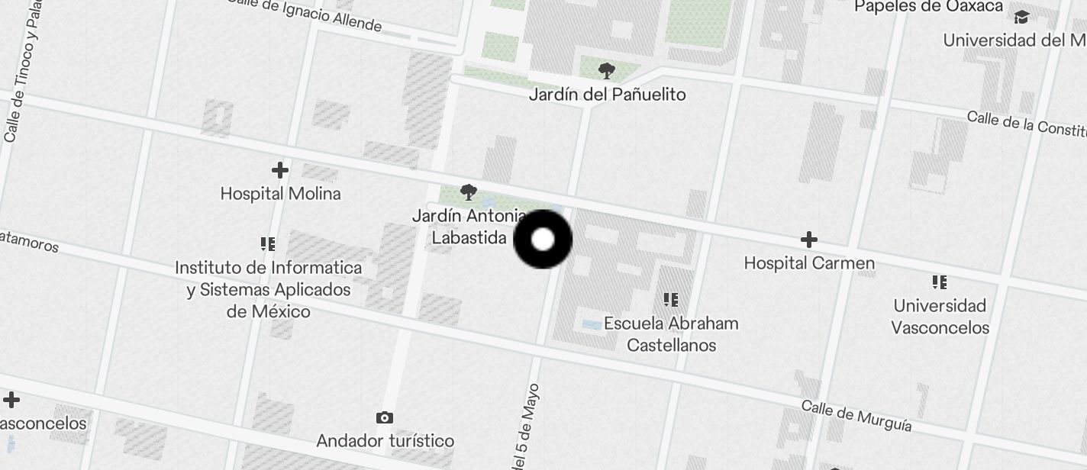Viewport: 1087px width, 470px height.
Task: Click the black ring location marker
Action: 543,240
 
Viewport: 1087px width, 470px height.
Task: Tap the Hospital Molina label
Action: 280,194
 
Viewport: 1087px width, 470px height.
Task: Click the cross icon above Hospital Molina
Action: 280,170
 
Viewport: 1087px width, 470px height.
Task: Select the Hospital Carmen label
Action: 809,263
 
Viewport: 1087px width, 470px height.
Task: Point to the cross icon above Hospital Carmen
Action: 809,240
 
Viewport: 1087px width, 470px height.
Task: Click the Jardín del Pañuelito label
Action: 607,95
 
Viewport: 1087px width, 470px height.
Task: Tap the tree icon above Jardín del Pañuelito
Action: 607,72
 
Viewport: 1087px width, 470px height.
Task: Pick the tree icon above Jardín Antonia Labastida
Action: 469,192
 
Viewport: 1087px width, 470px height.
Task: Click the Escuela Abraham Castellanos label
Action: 671,334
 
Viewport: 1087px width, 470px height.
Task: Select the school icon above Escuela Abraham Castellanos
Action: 671,300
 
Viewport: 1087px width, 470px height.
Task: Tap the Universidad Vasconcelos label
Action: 940,317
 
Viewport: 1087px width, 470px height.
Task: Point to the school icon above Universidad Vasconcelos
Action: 940,282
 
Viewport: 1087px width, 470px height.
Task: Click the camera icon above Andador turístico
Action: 385,417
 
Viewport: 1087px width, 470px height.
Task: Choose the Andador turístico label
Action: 385,441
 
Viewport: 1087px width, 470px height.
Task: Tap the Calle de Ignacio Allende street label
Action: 305,14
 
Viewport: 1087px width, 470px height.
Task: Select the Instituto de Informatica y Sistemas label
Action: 268,290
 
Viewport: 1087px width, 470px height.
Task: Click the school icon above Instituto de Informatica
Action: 268,244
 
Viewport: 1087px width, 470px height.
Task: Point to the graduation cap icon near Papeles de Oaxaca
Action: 1021,17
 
